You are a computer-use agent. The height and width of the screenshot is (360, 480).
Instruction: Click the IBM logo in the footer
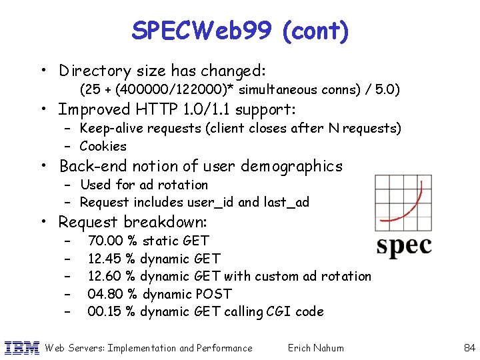point(22,347)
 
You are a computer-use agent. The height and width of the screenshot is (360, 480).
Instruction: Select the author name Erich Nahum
point(315,347)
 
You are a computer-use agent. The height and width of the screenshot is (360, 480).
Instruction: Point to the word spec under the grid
point(403,245)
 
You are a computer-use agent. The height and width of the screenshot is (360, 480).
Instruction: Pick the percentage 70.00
point(105,241)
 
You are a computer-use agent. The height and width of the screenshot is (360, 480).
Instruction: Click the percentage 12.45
point(104,259)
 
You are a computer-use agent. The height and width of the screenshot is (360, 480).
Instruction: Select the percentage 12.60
point(104,276)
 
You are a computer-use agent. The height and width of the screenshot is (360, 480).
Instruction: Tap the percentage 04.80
point(105,294)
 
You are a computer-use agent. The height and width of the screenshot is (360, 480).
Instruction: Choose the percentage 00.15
point(105,311)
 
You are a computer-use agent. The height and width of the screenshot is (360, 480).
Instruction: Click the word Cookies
point(103,146)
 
